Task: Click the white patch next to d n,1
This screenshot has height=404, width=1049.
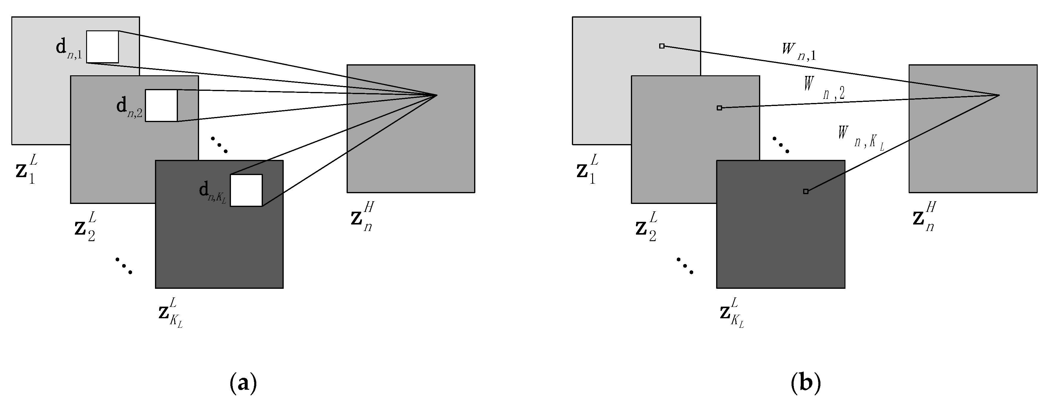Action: [x=102, y=47]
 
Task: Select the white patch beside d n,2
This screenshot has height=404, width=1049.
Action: [x=161, y=105]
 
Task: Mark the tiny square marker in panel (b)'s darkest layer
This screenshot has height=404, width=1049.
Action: [x=806, y=191]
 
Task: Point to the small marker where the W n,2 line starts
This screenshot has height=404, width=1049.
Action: [x=719, y=108]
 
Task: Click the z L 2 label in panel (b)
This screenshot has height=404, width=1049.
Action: [x=646, y=227]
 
